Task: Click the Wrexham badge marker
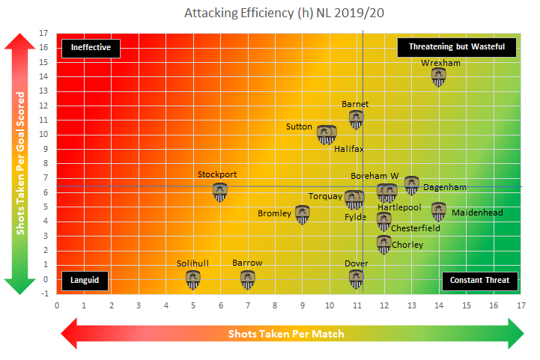pyautogui.click(x=439, y=77)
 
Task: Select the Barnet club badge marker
pyautogui.click(x=357, y=119)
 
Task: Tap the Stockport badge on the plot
pyautogui.click(x=220, y=192)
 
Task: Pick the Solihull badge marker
pyautogui.click(x=193, y=279)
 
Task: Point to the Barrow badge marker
pyautogui.click(x=248, y=279)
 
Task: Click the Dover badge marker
pyautogui.click(x=357, y=279)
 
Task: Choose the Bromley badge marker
pyautogui.click(x=303, y=215)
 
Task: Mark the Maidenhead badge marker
pyautogui.click(x=439, y=212)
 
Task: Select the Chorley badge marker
pyautogui.click(x=384, y=244)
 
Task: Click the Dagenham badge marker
pyautogui.click(x=412, y=185)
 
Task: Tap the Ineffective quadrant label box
pyautogui.click(x=91, y=47)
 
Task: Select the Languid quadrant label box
pyautogui.click(x=85, y=281)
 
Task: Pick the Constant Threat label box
pyautogui.click(x=479, y=281)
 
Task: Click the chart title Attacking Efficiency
pyautogui.click(x=270, y=13)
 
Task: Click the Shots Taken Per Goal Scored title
pyautogui.click(x=20, y=162)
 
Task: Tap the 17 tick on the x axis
pyautogui.click(x=521, y=305)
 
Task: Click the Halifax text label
pyautogui.click(x=349, y=149)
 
